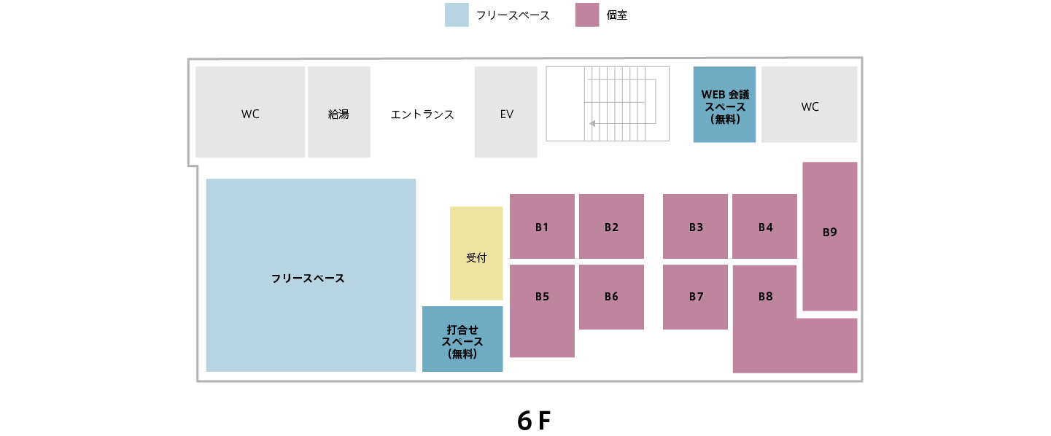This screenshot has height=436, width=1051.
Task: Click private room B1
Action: pyautogui.click(x=542, y=226)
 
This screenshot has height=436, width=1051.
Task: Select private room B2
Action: pyautogui.click(x=611, y=226)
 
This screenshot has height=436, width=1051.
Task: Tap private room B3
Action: pyautogui.click(x=695, y=226)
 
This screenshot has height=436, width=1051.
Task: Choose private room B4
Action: pyautogui.click(x=764, y=226)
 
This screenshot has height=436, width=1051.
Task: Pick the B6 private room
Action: pyautogui.click(x=611, y=297)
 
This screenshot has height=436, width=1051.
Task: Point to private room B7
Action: pyautogui.click(x=695, y=297)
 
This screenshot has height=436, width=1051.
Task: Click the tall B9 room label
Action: pyautogui.click(x=829, y=233)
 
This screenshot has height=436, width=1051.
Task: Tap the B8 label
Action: pyautogui.click(x=765, y=297)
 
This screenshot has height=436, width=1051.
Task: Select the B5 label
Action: pyautogui.click(x=542, y=297)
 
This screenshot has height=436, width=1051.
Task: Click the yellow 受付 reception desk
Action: pyautogui.click(x=476, y=253)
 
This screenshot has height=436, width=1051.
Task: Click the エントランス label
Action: pyautogui.click(x=422, y=114)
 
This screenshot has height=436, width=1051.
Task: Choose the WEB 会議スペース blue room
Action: pyautogui.click(x=724, y=105)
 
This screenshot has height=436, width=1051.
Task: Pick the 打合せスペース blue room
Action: pyautogui.click(x=462, y=339)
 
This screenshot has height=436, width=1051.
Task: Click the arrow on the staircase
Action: pyautogui.click(x=592, y=123)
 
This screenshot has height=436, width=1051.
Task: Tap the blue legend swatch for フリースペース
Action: pyautogui.click(x=457, y=15)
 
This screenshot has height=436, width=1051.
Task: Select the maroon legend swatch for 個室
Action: pyautogui.click(x=586, y=15)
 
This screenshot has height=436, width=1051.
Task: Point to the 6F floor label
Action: pyautogui.click(x=533, y=421)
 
